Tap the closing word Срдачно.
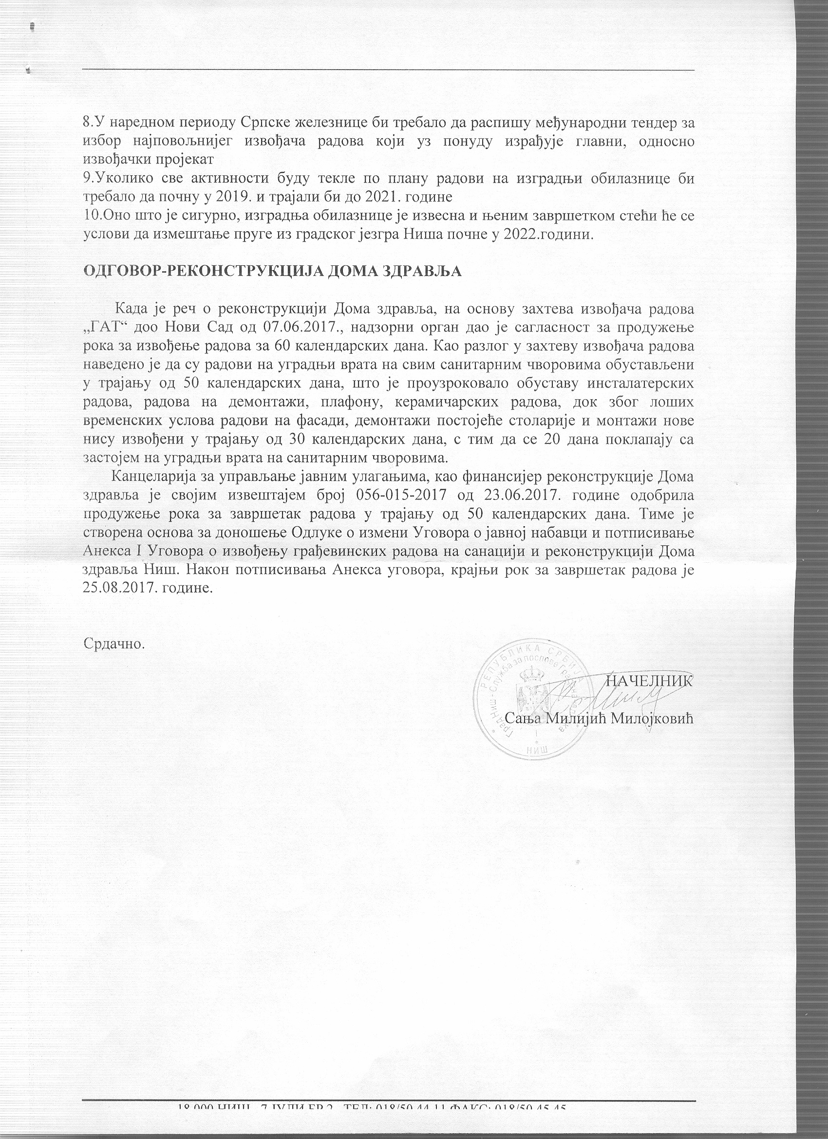point(114,643)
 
